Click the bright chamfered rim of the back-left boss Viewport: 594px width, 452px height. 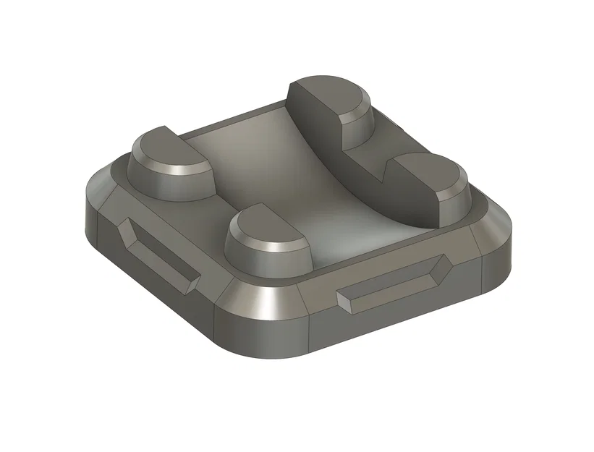pyautogui.click(x=181, y=168)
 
